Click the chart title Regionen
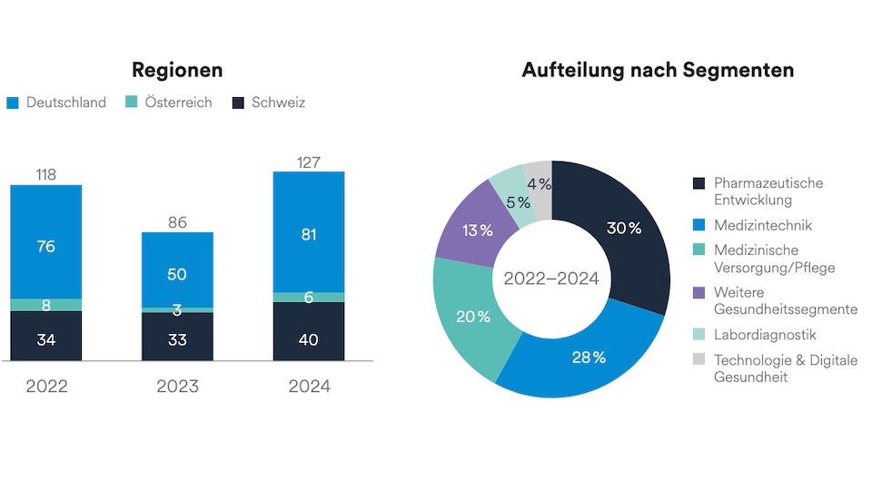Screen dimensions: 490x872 177,70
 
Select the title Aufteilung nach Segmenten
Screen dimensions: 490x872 658,70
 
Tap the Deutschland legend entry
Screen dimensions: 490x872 56,103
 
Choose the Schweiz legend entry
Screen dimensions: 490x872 269,103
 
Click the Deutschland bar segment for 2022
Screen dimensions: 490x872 46,242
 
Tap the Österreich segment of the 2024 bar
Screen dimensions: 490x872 309,298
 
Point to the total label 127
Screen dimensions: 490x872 309,162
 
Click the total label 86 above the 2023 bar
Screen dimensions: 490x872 177,221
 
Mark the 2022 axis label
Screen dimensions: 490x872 46,387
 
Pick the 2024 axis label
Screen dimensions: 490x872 309,387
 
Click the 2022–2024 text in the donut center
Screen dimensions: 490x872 551,279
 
